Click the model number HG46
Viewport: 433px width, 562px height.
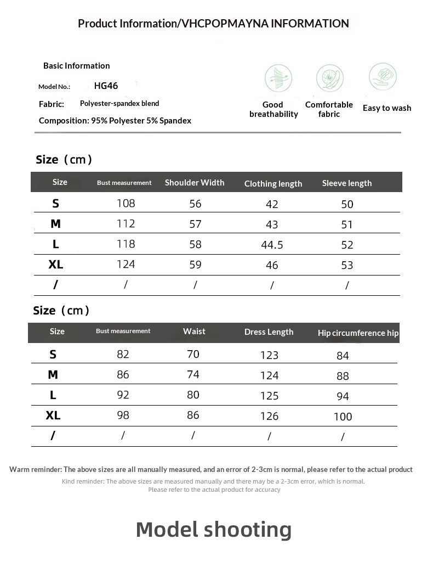click(x=106, y=86)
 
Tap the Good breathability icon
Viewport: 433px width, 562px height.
click(x=278, y=78)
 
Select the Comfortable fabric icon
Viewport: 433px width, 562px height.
click(x=329, y=78)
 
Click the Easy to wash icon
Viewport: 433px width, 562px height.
click(x=383, y=76)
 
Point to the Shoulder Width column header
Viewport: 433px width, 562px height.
click(x=195, y=183)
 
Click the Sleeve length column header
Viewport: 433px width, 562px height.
click(x=347, y=183)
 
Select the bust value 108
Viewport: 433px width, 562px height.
click(x=126, y=204)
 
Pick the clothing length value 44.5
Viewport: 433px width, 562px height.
click(x=272, y=245)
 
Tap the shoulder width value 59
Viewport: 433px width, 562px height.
click(x=195, y=265)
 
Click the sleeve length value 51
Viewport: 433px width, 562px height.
click(x=347, y=224)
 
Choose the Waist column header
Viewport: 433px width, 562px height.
click(x=194, y=331)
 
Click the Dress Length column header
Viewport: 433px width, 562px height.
click(x=269, y=332)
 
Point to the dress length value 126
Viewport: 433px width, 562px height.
click(x=269, y=417)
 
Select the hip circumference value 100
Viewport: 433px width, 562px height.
click(x=343, y=417)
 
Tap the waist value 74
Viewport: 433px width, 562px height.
click(x=193, y=375)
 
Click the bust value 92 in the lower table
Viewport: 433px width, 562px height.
click(x=123, y=395)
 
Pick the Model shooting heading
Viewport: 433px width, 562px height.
click(x=214, y=530)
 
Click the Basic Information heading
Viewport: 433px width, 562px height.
click(x=77, y=66)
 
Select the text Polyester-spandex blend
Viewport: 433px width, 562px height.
click(x=119, y=103)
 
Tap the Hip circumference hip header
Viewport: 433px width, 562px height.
click(x=358, y=333)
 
